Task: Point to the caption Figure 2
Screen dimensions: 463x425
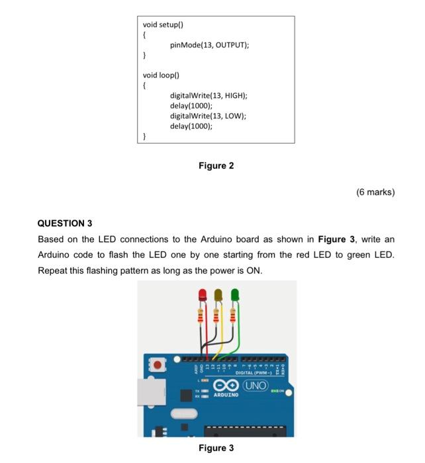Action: tap(216, 166)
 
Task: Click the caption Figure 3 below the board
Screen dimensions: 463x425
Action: tap(216, 448)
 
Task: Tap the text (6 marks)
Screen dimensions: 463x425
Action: tap(375, 192)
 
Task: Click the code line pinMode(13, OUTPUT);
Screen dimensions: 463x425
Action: tap(209, 45)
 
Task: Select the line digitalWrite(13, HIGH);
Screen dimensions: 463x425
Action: tap(208, 96)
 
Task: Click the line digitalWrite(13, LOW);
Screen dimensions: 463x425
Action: tap(207, 116)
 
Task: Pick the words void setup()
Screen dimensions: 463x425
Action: tap(162, 25)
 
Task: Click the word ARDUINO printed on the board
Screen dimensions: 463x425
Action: tap(225, 396)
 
